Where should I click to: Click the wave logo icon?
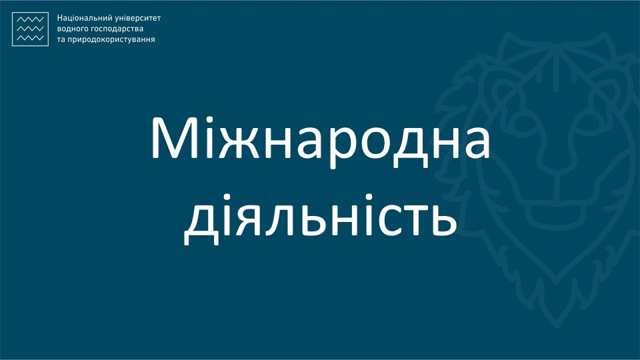31,29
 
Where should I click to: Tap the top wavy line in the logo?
31,21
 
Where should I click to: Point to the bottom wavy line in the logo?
31,38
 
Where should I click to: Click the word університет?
137,18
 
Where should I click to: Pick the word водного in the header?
72,29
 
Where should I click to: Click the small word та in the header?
62,40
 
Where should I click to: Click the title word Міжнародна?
319,138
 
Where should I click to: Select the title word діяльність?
319,217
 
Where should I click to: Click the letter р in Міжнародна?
335,145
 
